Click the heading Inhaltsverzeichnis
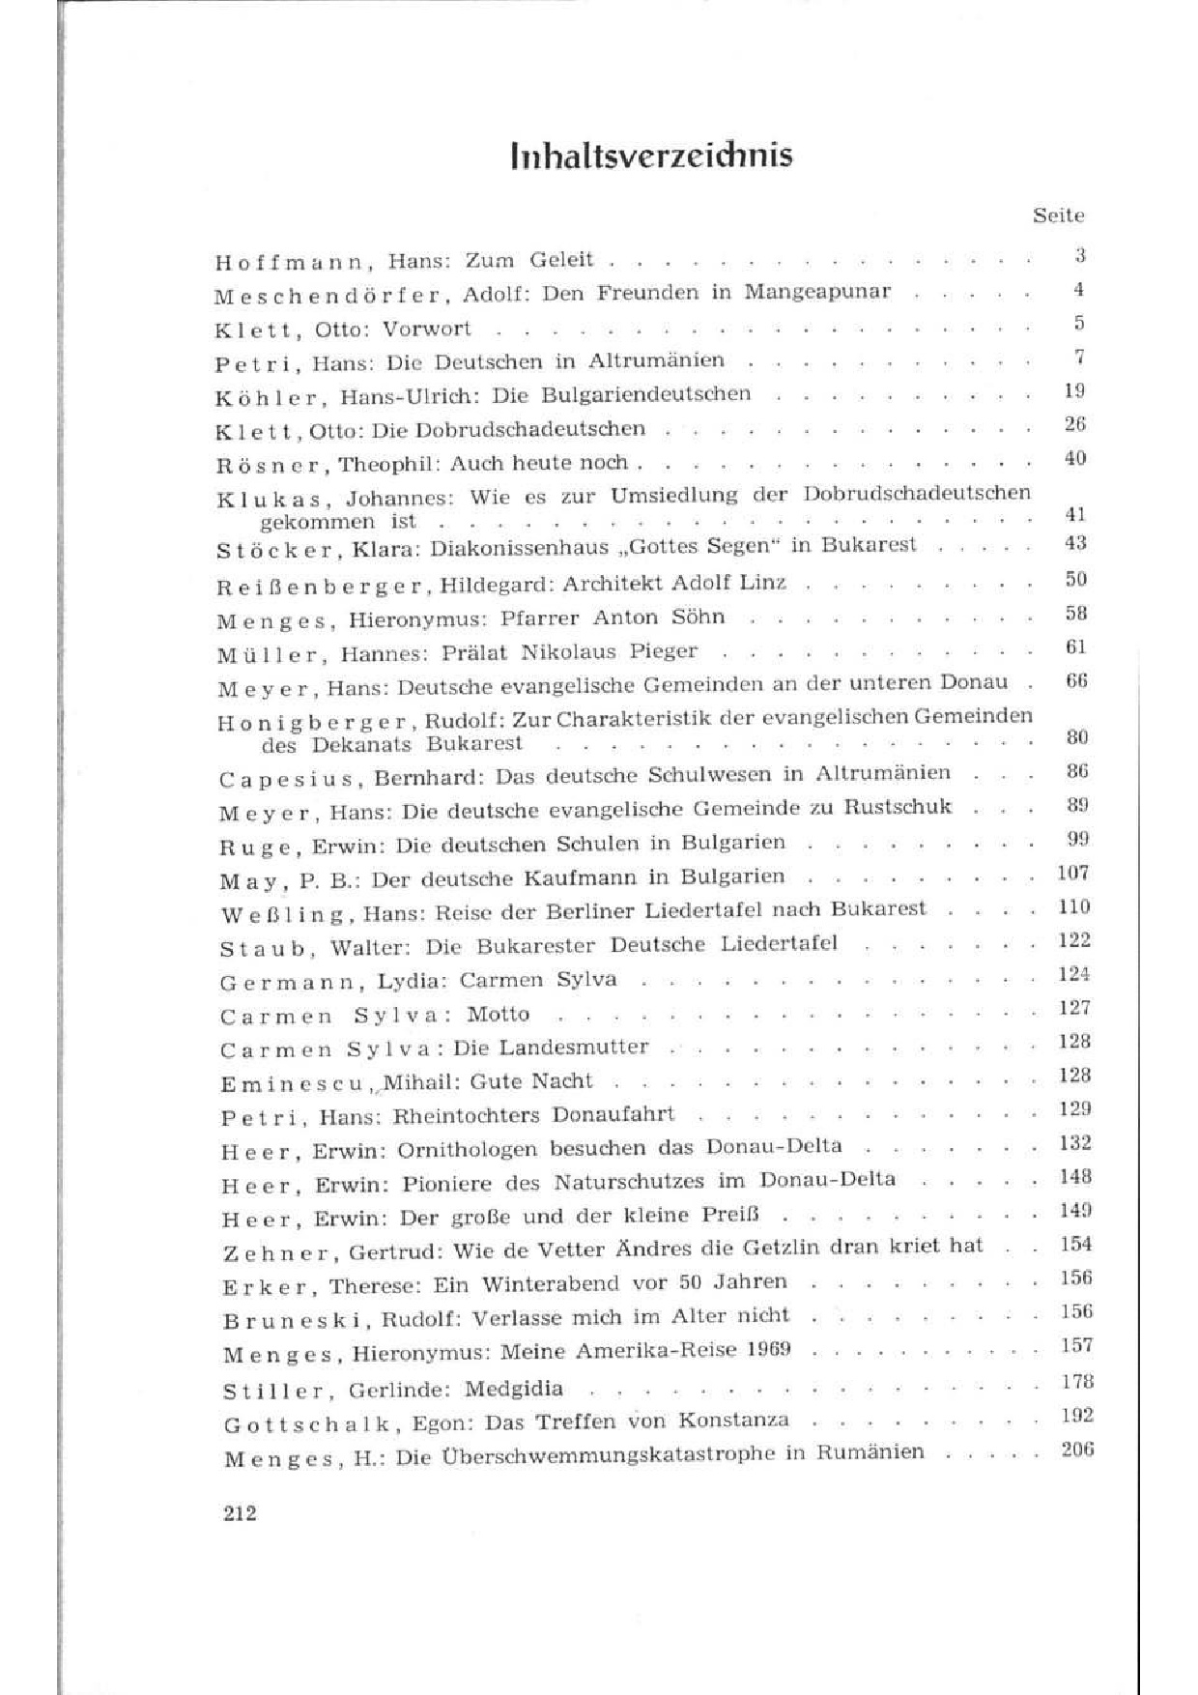(x=651, y=156)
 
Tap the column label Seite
(x=1058, y=215)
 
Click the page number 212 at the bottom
(x=240, y=1513)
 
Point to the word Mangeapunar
(x=817, y=292)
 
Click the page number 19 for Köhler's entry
(x=1074, y=390)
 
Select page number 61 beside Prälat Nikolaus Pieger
(x=1075, y=646)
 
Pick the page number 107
(x=1073, y=873)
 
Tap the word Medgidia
(x=513, y=1389)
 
